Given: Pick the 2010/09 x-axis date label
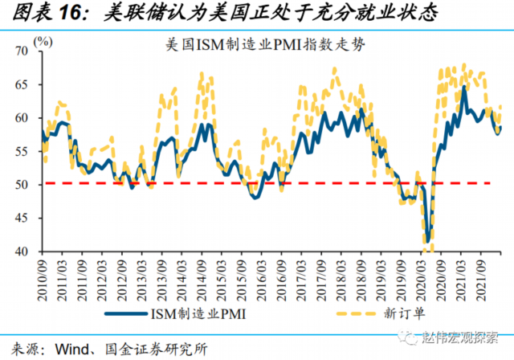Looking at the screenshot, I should point(42,273).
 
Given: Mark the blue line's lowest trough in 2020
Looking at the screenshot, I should point(429,240).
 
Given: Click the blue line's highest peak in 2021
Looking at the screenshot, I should point(463,87).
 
